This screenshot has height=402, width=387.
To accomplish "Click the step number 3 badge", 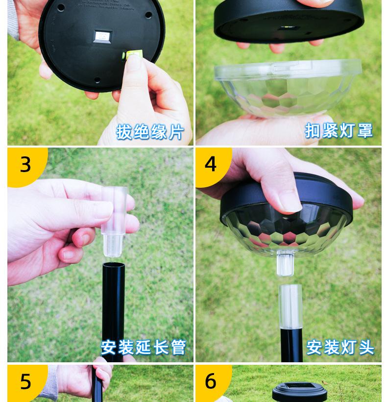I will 25,165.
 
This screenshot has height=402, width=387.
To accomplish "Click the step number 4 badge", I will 211,165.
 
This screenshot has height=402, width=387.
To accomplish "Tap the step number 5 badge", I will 25,381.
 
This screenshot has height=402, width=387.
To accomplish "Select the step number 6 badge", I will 211,381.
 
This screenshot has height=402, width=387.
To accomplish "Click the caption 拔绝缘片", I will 150,132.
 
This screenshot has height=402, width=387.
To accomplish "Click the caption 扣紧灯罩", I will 339,130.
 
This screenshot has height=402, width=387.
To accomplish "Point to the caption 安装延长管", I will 144,347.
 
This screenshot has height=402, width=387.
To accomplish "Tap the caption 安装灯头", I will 340,347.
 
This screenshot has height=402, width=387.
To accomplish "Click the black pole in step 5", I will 99,385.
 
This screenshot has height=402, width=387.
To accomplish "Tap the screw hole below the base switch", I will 97,80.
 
